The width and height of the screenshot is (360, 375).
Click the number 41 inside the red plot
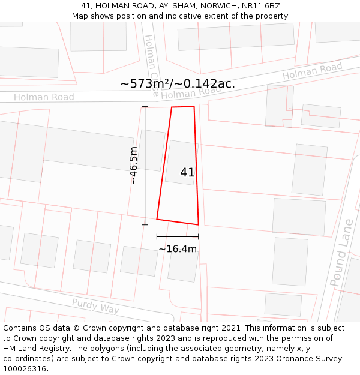tap(187, 172)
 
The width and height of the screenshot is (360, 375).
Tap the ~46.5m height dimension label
tap(133, 165)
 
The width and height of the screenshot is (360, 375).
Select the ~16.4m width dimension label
tap(178, 248)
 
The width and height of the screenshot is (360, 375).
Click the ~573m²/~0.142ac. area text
tap(178, 84)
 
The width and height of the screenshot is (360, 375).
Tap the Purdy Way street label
tap(95, 306)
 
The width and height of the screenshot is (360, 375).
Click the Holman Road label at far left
tap(44, 97)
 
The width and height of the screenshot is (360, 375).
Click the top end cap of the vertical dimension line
tap(145, 107)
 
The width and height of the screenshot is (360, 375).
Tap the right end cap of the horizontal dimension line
tap(199, 237)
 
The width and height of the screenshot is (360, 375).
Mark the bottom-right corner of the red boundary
tap(198, 225)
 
